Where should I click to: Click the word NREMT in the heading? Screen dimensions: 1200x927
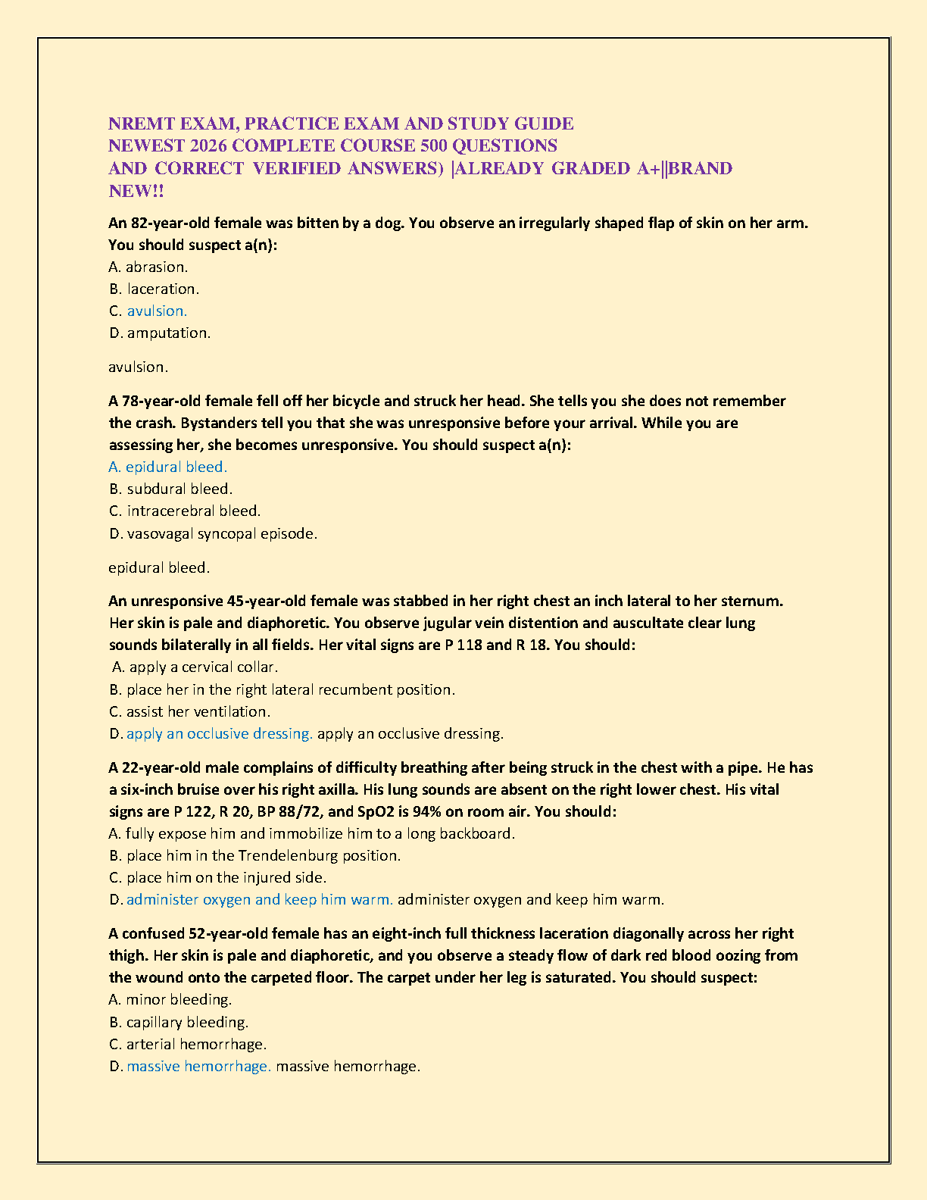click(142, 123)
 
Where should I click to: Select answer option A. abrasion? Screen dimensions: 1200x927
click(148, 267)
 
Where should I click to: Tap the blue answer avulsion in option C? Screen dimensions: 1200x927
click(157, 311)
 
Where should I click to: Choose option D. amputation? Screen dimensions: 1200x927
click(160, 333)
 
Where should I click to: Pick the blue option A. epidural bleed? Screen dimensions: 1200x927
click(168, 467)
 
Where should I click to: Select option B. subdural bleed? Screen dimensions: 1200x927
click(170, 489)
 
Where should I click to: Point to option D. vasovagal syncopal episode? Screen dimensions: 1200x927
click(213, 533)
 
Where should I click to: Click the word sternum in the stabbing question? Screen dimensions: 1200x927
click(753, 601)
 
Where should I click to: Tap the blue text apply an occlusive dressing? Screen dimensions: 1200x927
click(219, 733)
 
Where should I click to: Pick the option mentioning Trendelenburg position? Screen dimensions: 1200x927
click(254, 855)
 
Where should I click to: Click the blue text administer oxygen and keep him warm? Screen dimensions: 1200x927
click(259, 899)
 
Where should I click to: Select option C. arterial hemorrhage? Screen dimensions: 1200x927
click(188, 1044)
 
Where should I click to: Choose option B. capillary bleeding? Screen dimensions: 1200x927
click(179, 1022)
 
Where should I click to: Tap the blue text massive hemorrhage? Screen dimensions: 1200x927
click(198, 1066)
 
